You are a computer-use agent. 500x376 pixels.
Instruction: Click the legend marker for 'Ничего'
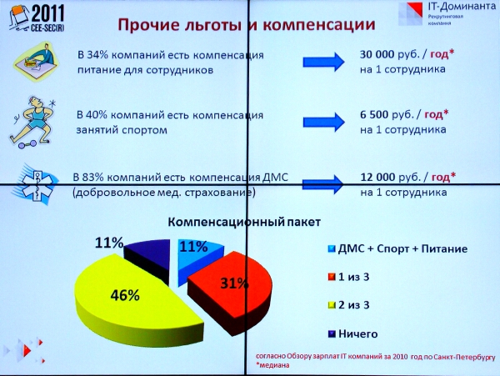[x=332, y=334]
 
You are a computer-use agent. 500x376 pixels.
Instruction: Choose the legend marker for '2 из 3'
[x=332, y=305]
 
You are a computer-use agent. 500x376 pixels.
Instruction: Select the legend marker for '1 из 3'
[x=332, y=277]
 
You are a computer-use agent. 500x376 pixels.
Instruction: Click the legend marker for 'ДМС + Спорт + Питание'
[x=332, y=248]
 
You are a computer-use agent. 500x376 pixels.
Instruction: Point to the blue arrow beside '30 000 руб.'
[x=323, y=62]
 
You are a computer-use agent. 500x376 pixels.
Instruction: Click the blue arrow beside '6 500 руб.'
[x=323, y=122]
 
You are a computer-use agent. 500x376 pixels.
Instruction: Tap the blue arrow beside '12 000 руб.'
[x=322, y=184]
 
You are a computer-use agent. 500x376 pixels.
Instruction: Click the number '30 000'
[x=377, y=54]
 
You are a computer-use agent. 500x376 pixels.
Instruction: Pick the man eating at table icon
[x=36, y=61]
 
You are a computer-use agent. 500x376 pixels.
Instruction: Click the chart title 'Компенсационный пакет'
[x=244, y=222]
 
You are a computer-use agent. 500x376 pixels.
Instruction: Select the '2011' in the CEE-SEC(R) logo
[x=48, y=13]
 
